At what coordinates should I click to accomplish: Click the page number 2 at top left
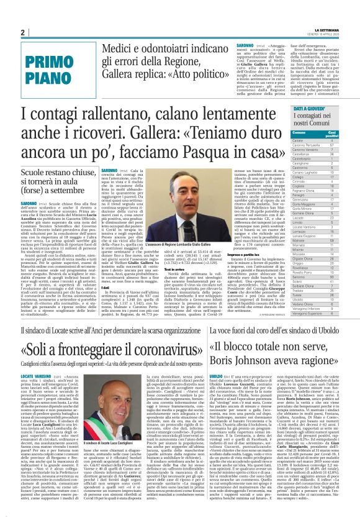(23, 32)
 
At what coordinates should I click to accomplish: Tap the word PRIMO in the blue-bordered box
(45, 61)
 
